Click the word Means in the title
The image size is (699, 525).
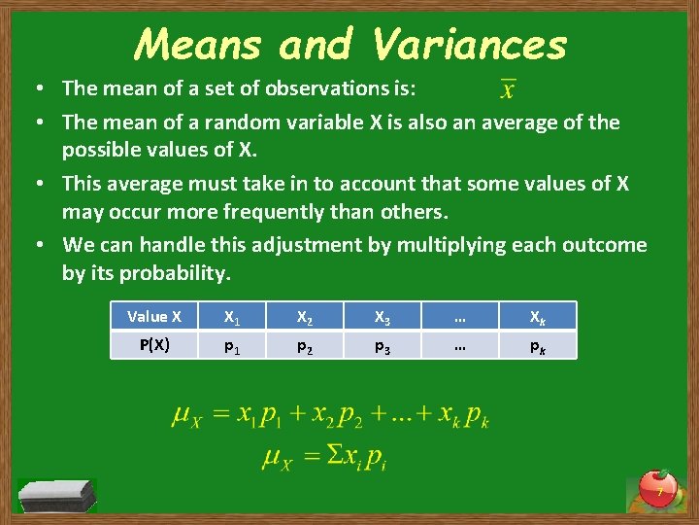[199, 44]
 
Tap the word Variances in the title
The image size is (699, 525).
[468, 44]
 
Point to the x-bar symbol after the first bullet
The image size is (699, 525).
[507, 89]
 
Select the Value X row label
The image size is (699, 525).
[154, 316]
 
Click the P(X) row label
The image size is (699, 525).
[154, 344]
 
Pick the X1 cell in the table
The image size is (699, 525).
[232, 316]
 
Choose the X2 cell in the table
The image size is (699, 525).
[304, 316]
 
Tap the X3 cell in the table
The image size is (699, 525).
[382, 316]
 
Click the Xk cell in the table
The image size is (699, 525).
[537, 316]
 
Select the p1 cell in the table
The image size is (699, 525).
[232, 345]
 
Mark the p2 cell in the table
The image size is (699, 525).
[304, 345]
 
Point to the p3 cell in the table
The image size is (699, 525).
[382, 345]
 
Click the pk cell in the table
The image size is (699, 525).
[537, 345]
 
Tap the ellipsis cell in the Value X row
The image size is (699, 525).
[459, 316]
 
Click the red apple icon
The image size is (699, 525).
[658, 486]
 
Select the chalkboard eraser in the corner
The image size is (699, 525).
[58, 495]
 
